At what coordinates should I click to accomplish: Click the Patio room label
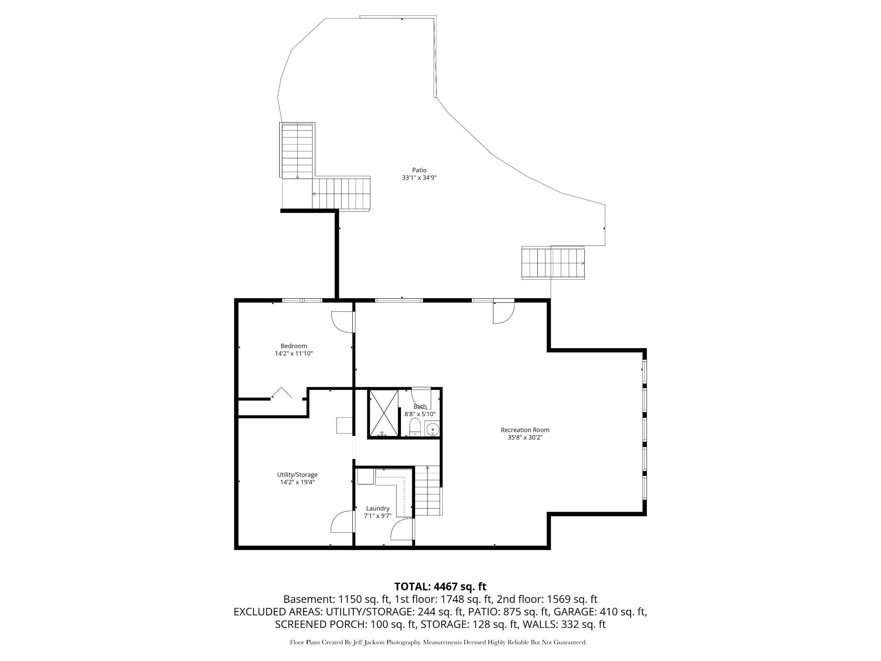point(419,170)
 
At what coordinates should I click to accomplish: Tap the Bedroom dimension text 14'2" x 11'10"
point(294,353)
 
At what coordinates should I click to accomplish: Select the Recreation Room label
point(525,430)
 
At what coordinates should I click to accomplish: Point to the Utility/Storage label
point(297,475)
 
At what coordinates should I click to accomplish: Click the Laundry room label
point(378,508)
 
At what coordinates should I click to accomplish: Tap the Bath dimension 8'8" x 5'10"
point(420,414)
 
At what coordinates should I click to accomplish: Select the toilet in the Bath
point(415,429)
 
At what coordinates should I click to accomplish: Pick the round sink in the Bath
point(432,429)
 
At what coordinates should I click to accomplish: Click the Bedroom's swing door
point(343,322)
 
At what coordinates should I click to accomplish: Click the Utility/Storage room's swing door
point(342,522)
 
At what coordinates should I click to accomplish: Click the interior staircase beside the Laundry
point(428,491)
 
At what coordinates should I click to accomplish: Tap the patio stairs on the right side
point(553,263)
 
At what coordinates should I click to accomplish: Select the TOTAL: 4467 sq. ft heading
point(440,586)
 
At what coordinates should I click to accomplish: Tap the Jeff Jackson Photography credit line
point(438,642)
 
